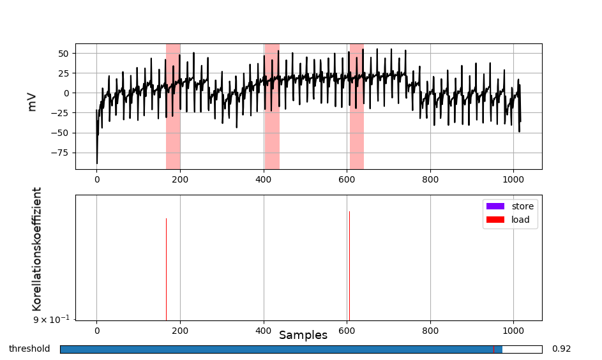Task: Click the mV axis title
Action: (32, 101)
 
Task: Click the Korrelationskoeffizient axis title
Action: (37, 249)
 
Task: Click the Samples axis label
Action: (303, 335)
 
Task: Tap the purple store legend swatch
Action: (495, 206)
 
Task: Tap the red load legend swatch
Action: (495, 220)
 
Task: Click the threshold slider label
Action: (29, 349)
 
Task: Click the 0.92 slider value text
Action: (561, 349)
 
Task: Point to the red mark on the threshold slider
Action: (493, 349)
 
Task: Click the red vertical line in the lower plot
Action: (166, 268)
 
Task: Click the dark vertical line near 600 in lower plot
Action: (349, 265)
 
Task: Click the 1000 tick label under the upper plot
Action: (513, 180)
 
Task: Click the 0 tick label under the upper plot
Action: (97, 180)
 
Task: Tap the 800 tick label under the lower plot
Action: (430, 331)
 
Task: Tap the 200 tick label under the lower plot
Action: (180, 331)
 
